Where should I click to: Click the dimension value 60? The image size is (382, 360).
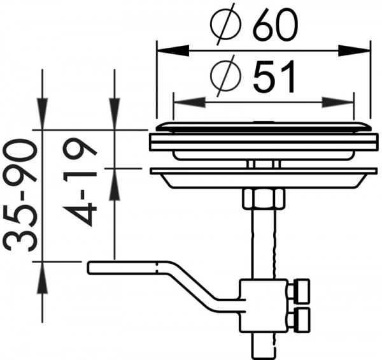point(275,25)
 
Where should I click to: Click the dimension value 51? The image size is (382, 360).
point(274,76)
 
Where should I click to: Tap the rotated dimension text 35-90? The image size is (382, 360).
point(20,194)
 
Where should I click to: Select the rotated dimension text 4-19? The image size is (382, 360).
point(80,184)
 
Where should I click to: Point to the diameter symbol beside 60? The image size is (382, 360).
point(226,24)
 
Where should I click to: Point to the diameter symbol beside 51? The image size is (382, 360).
point(226,75)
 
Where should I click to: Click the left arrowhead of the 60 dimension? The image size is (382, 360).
point(173,51)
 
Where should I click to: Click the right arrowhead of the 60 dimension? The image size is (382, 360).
point(354,51)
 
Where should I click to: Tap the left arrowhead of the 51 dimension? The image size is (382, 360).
point(189,102)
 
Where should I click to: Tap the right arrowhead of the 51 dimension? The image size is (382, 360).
point(337,102)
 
